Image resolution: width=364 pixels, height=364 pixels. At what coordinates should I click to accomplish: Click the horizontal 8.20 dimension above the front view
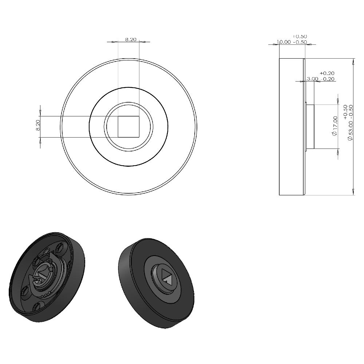pos(131,39)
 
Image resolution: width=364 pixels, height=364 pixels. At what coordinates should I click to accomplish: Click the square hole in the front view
pos(128,127)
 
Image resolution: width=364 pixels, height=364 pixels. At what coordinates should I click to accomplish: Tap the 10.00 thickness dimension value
pos(284,42)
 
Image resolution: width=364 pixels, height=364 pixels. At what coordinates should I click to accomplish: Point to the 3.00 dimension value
pos(313,79)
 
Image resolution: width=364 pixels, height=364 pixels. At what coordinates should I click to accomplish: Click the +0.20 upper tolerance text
pos(327,73)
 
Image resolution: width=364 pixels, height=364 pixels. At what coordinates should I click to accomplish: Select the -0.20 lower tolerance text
pos(328,79)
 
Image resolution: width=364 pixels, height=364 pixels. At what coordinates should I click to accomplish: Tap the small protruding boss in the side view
pos(310,126)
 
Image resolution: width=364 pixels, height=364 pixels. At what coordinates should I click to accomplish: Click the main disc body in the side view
pos(291,126)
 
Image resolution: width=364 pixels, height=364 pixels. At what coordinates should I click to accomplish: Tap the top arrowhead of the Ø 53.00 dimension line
pos(353,61)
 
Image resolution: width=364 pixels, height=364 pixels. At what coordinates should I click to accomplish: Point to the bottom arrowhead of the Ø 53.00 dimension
pos(353,192)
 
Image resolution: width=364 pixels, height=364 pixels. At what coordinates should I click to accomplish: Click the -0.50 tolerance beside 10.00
pos(300,42)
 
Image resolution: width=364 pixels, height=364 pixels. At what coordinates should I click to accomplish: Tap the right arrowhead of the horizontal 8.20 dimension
pos(142,41)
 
